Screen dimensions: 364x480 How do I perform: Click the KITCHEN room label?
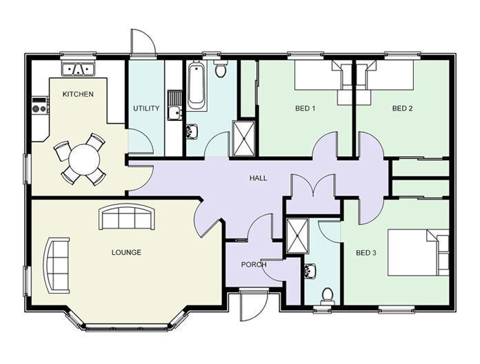click(78, 94)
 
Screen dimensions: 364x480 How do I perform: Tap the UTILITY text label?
click(146, 108)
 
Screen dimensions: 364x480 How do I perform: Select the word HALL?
click(258, 178)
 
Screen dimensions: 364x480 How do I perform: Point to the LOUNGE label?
click(126, 253)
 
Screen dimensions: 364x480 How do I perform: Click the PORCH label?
click(254, 265)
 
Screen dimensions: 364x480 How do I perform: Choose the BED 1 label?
click(305, 108)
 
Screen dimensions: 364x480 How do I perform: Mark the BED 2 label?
click(402, 108)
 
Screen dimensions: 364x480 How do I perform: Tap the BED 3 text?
click(366, 253)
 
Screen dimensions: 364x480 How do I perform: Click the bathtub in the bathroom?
click(196, 86)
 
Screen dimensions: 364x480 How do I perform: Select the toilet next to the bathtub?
click(221, 69)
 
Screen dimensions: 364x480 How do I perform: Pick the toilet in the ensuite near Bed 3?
click(327, 296)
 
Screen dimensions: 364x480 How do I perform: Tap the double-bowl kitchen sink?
click(79, 69)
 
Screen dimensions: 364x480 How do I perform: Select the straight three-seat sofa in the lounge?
click(127, 218)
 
